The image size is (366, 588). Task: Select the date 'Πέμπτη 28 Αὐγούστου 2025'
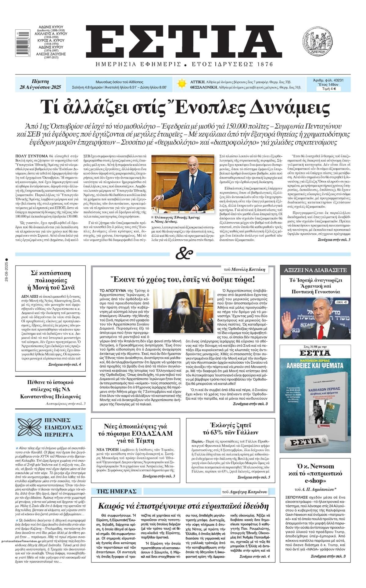(40, 85)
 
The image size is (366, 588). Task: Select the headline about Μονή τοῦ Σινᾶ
(51, 280)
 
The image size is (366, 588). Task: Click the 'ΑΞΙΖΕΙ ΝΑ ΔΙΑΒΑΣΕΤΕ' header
(315, 270)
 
